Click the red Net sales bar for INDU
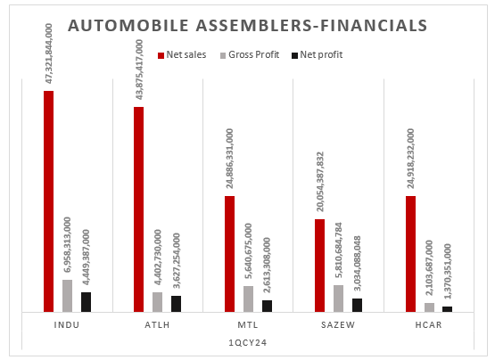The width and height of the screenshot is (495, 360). point(49,201)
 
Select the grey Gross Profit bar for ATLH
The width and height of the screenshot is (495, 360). point(158,302)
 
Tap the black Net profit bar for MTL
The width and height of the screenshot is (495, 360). point(267,306)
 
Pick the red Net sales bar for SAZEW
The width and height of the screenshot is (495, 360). point(320,266)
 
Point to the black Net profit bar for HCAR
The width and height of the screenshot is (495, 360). point(448,309)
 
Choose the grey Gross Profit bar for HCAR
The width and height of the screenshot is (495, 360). point(429,307)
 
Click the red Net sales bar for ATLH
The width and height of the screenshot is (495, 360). point(139,209)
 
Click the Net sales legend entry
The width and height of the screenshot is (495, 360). point(182,55)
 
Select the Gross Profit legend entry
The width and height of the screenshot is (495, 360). point(250,55)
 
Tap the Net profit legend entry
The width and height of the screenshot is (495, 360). point(317,55)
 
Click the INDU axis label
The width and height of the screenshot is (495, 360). point(67,324)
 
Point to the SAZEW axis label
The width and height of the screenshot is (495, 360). point(338,324)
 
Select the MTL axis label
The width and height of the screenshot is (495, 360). point(248,324)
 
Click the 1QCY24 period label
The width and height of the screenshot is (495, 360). point(248,343)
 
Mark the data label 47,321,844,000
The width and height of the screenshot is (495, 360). point(49,53)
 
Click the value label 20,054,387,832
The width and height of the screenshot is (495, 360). point(320,182)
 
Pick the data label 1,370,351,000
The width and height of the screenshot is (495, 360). point(448,272)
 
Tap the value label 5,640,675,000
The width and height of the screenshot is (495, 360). point(248,250)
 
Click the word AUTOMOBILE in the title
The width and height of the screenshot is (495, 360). point(128,26)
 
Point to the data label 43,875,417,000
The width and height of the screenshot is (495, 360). point(139,70)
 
